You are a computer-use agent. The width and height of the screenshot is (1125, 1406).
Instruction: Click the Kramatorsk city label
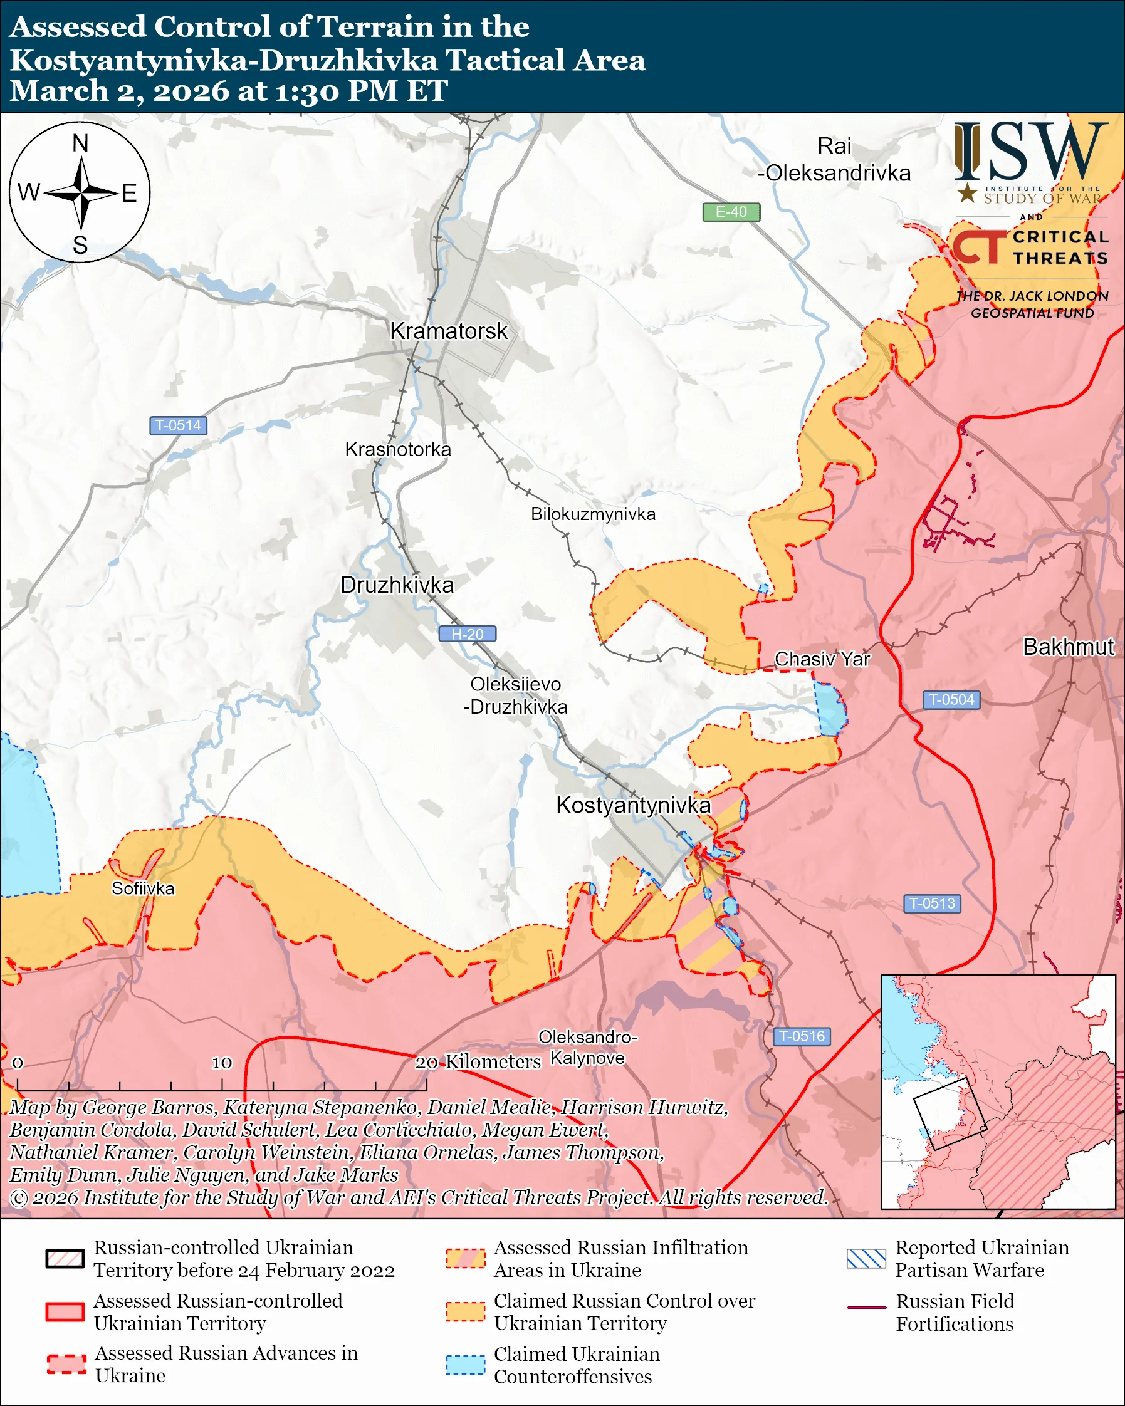448,331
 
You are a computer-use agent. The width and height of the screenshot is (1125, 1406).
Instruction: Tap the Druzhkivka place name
397,585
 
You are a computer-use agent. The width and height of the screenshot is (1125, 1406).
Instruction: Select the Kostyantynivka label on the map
632,805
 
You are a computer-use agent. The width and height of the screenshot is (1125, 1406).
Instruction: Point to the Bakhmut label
1068,647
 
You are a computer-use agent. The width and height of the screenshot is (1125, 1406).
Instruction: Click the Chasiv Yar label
822,659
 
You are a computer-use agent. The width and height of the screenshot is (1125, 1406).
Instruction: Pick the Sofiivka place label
143,889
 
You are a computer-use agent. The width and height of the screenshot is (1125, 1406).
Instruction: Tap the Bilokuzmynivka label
593,514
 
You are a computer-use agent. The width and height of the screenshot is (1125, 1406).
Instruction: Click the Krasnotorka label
398,449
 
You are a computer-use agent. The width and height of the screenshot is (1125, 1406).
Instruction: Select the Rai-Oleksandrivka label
834,160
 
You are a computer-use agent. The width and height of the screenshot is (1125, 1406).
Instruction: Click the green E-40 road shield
730,212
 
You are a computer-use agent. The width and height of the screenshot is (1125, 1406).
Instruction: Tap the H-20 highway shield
467,634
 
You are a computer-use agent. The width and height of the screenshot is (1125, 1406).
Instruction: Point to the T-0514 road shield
178,425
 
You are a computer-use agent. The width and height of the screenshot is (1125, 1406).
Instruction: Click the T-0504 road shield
951,700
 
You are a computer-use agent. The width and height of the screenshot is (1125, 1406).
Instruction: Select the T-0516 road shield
802,1036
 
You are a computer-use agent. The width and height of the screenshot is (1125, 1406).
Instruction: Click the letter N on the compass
80,143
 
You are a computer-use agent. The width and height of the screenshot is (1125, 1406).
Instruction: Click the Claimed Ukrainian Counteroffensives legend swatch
465,1365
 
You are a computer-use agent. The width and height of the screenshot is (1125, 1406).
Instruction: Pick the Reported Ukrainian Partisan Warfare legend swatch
866,1259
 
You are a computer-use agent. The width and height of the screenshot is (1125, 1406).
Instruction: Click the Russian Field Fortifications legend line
866,1308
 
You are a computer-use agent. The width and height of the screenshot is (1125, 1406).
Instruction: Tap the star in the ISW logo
967,193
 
